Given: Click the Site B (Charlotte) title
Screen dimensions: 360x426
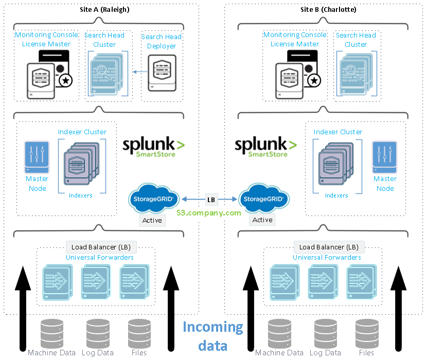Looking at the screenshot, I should click(x=328, y=9).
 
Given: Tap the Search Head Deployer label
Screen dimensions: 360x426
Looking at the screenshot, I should click(x=162, y=41).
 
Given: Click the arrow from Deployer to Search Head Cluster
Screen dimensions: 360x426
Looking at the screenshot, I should click(x=138, y=71).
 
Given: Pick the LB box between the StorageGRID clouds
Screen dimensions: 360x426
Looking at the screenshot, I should click(x=211, y=199).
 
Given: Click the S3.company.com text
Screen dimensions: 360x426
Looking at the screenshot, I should click(x=208, y=212).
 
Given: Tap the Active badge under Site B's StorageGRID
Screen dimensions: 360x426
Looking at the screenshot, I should click(x=262, y=220).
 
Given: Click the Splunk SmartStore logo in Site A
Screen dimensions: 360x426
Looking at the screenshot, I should click(x=153, y=147).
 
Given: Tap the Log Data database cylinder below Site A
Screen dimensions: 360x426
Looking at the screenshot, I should click(x=98, y=332).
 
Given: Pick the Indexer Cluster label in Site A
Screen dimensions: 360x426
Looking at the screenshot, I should click(x=82, y=132).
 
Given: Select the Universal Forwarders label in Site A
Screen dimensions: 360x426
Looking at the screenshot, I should click(x=100, y=257).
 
